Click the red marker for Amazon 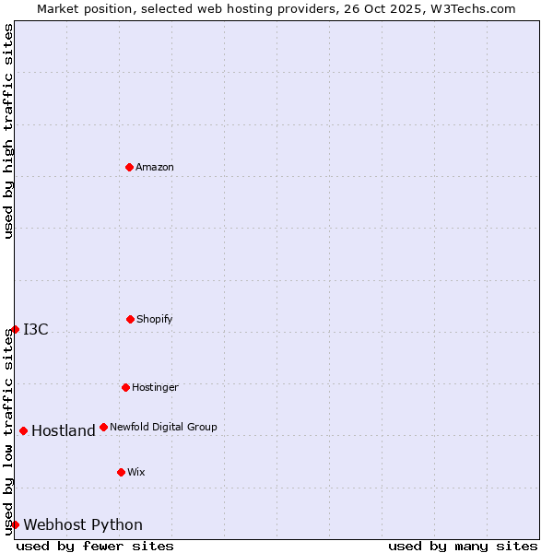point(129,167)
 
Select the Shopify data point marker point(130,319)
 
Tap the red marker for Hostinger point(125,387)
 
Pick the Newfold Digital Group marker point(103,427)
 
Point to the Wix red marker point(121,472)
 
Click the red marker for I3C point(15,329)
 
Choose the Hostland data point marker point(23,430)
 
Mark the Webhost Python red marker point(15,524)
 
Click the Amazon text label point(155,167)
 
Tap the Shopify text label point(155,319)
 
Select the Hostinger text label point(155,387)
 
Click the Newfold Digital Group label point(163,427)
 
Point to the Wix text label point(136,472)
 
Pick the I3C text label point(36,329)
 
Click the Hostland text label point(64,430)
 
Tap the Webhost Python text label point(83,524)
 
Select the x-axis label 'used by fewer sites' point(95,546)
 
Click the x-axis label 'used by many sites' point(463,546)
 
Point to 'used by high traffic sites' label point(8,131)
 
